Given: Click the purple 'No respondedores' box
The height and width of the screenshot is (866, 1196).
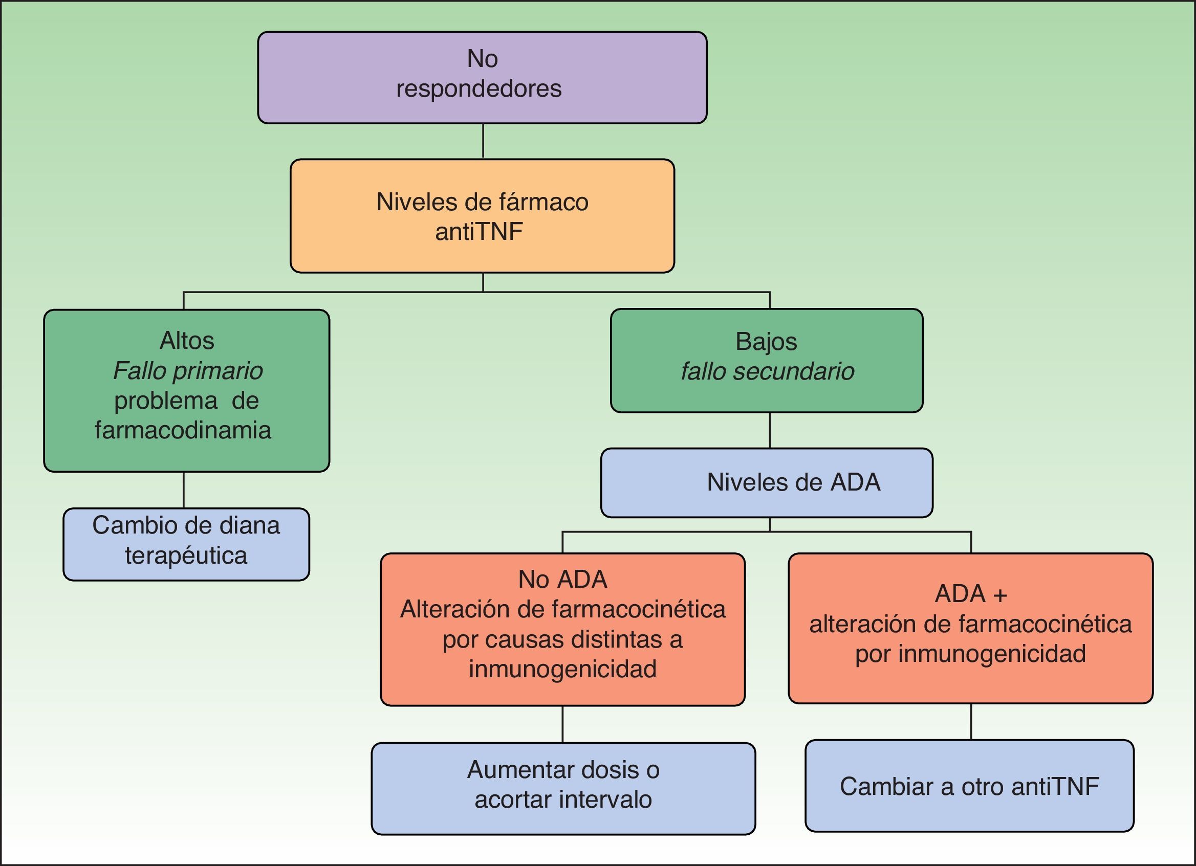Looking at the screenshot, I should pyautogui.click(x=482, y=77).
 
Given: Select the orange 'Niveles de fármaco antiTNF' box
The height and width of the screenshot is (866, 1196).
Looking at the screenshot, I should pyautogui.click(x=482, y=216).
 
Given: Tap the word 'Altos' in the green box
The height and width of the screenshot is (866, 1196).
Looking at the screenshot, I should pyautogui.click(x=187, y=341).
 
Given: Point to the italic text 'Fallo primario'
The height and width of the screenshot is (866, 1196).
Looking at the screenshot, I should pyautogui.click(x=188, y=370).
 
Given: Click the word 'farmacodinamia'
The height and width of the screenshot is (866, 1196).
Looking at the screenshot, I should pyautogui.click(x=183, y=430).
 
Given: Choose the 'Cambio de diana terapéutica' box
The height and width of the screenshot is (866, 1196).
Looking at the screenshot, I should pyautogui.click(x=186, y=544).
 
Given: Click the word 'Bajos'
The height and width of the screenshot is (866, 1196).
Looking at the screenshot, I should pyautogui.click(x=766, y=342).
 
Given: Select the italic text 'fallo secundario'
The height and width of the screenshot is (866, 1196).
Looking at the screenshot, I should pyautogui.click(x=767, y=371).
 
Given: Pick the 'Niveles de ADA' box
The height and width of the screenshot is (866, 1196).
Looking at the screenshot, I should pyautogui.click(x=767, y=482).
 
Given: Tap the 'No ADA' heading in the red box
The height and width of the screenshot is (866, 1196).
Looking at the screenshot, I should pyautogui.click(x=562, y=580).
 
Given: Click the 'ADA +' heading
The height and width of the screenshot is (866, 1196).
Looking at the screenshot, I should pyautogui.click(x=971, y=594).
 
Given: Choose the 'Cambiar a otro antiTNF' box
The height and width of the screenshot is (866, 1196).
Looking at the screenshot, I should pyautogui.click(x=969, y=786).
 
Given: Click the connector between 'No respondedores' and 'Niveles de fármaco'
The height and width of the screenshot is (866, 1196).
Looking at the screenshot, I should pyautogui.click(x=483, y=141).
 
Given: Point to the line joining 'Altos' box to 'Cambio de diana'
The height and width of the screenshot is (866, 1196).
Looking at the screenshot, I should pyautogui.click(x=184, y=490).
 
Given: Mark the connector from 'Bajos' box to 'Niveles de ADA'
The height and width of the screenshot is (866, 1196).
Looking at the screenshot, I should pyautogui.click(x=770, y=430).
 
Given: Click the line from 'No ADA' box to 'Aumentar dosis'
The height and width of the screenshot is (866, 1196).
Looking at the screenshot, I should pyautogui.click(x=562, y=724).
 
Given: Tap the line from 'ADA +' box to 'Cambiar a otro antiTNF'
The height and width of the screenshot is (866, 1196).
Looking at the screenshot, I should pyautogui.click(x=971, y=721).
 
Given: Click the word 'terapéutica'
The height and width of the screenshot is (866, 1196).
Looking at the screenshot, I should pyautogui.click(x=186, y=556).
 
